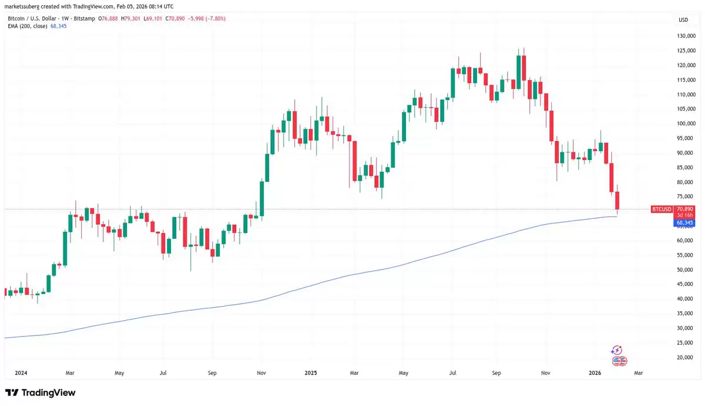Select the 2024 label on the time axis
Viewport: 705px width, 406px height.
[x=21, y=372]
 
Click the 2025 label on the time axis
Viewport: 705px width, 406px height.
[x=311, y=372]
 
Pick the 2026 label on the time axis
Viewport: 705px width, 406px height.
[x=595, y=372]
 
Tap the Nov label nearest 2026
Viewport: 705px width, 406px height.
[x=546, y=372]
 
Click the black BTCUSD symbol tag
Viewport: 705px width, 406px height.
[x=662, y=209]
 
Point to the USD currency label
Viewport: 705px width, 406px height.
[x=683, y=20]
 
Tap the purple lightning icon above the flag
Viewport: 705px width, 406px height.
[x=616, y=350]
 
